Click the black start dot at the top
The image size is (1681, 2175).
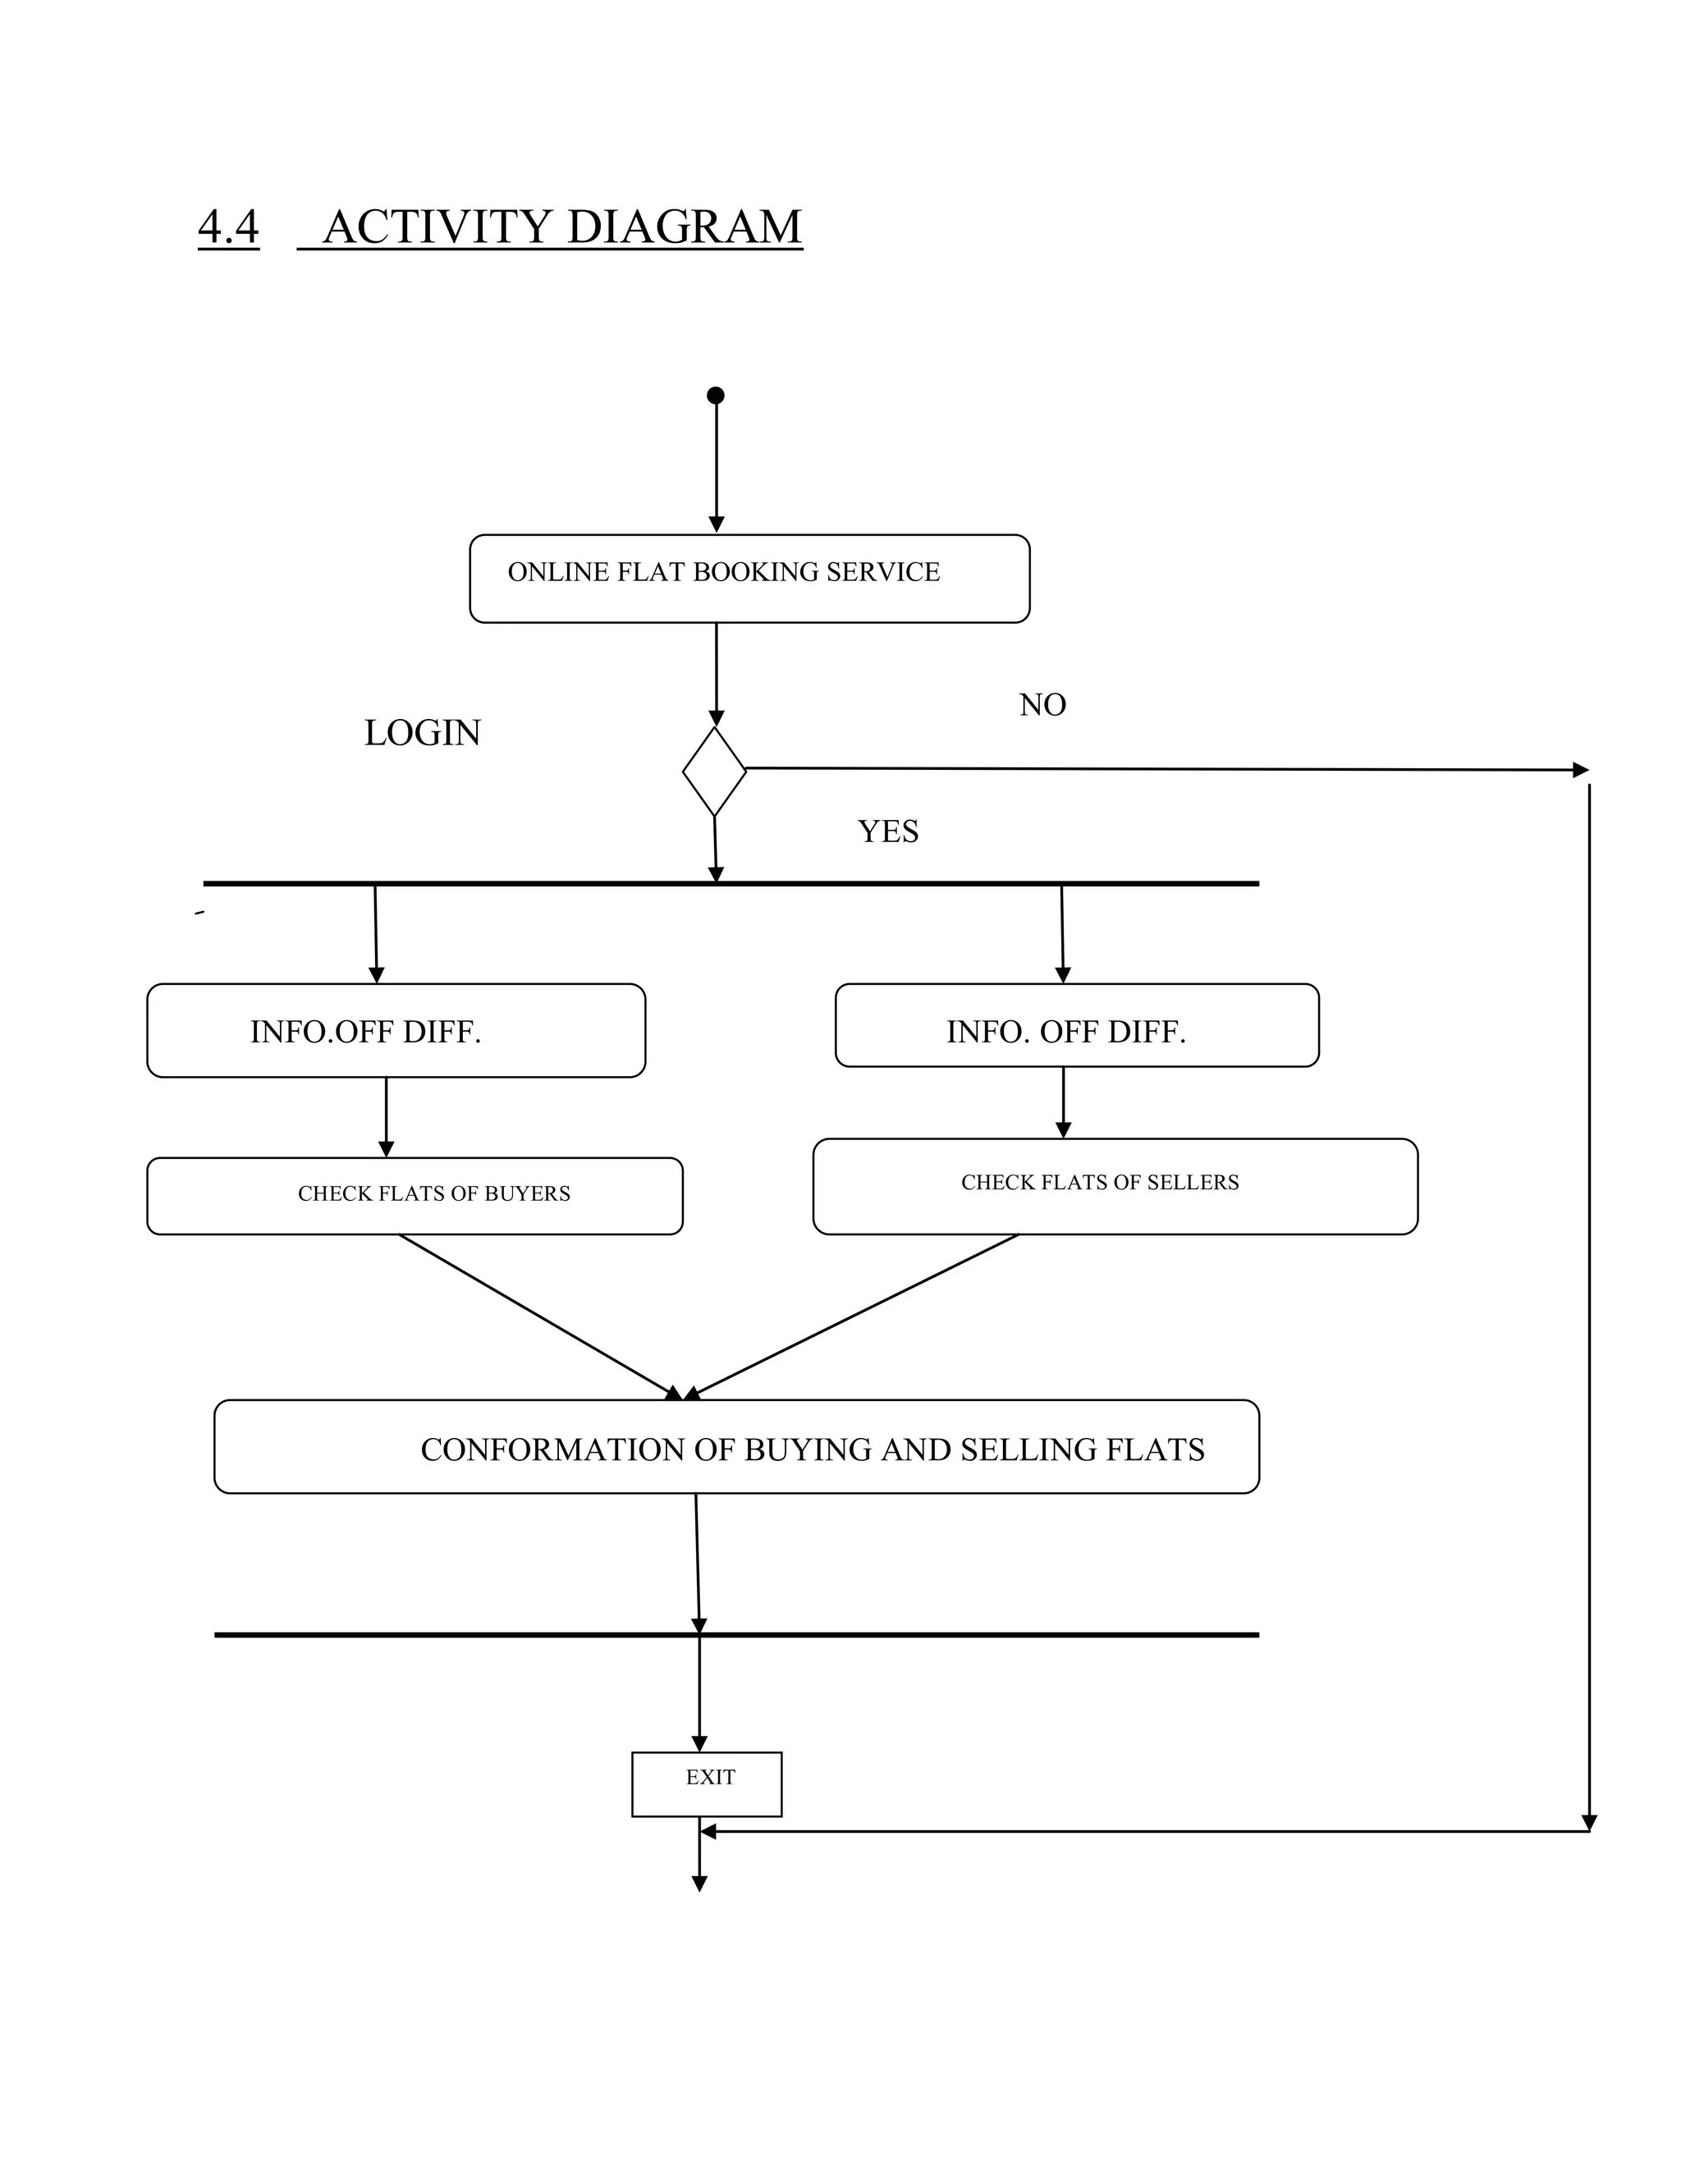click(x=715, y=396)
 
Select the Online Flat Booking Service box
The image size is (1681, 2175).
click(x=749, y=579)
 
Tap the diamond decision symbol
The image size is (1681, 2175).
click(x=714, y=772)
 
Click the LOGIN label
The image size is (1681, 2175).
click(x=422, y=733)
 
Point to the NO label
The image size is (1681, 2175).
click(x=1042, y=705)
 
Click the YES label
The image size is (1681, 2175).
click(x=887, y=831)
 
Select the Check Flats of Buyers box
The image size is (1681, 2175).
click(x=415, y=1195)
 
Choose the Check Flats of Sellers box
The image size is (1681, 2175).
click(x=1115, y=1186)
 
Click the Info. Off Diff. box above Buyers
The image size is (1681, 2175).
click(x=396, y=1031)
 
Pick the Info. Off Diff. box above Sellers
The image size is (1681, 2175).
click(x=1077, y=1026)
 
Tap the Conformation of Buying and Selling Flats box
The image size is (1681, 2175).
click(x=736, y=1447)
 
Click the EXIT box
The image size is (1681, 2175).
click(x=706, y=1783)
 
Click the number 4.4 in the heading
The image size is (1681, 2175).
click(x=228, y=227)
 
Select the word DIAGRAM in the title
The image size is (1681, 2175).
click(x=685, y=227)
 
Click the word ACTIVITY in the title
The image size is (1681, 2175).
click(x=437, y=227)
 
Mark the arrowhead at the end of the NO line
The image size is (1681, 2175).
click(x=1579, y=770)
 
